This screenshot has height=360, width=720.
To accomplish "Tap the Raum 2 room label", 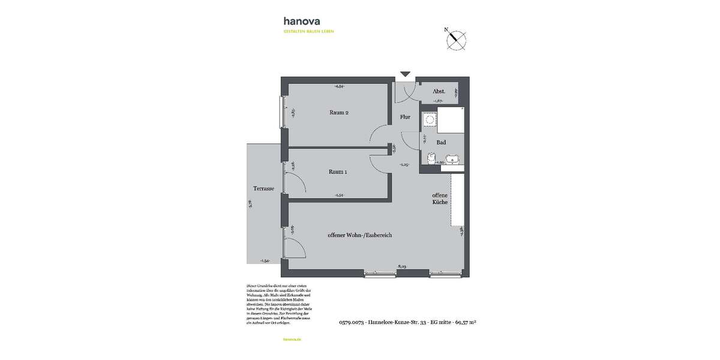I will point(339,112).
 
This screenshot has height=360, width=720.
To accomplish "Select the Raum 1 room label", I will point(338,172).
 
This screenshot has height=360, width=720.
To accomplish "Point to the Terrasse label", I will point(263,188).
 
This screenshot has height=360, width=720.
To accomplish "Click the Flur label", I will point(405,117).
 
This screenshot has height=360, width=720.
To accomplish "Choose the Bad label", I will point(441,142).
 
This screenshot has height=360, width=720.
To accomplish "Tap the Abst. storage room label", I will point(439,91).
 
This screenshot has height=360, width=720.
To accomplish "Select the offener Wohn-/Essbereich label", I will point(359,235).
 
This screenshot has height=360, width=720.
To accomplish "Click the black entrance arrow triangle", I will point(405,74).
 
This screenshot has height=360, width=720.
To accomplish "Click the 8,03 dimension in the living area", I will point(403,266).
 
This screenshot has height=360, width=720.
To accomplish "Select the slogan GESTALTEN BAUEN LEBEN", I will point(308,31).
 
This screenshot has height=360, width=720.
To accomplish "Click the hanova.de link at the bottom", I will point(292,339).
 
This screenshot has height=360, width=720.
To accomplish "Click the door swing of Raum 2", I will point(379,135).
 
